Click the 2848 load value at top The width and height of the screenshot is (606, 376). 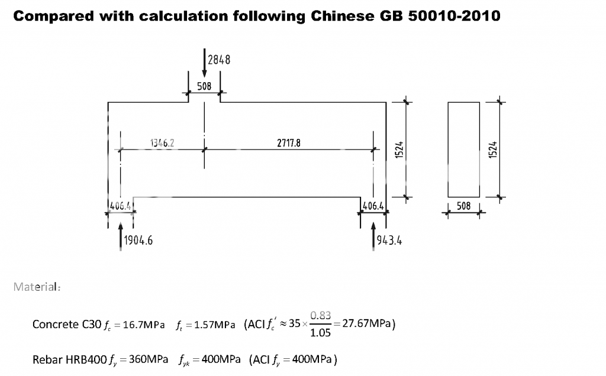tap(219, 60)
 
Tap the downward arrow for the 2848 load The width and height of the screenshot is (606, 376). tap(204, 63)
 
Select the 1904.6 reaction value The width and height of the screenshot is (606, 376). tap(138, 241)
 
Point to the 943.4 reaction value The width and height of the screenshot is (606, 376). tap(389, 241)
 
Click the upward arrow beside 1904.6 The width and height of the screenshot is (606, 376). tap(121, 236)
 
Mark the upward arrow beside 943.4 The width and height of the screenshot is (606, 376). tap(373, 236)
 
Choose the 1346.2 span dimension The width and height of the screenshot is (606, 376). tap(162, 143)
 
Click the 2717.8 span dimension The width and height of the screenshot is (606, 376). tap(289, 143)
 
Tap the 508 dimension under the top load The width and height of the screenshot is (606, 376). tap(204, 86)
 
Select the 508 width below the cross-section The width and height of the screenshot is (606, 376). tap(464, 206)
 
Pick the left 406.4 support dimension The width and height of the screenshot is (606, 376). tap(121, 206)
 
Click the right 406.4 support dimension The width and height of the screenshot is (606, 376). tap(373, 206)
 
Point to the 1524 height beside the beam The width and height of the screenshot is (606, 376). tap(399, 150)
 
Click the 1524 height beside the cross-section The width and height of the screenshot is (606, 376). tap(493, 150)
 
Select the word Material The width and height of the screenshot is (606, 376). tap(36, 287)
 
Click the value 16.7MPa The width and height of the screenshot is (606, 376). tap(144, 325)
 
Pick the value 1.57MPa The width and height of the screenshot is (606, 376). tap(214, 325)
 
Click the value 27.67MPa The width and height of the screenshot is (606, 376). tap(366, 323)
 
